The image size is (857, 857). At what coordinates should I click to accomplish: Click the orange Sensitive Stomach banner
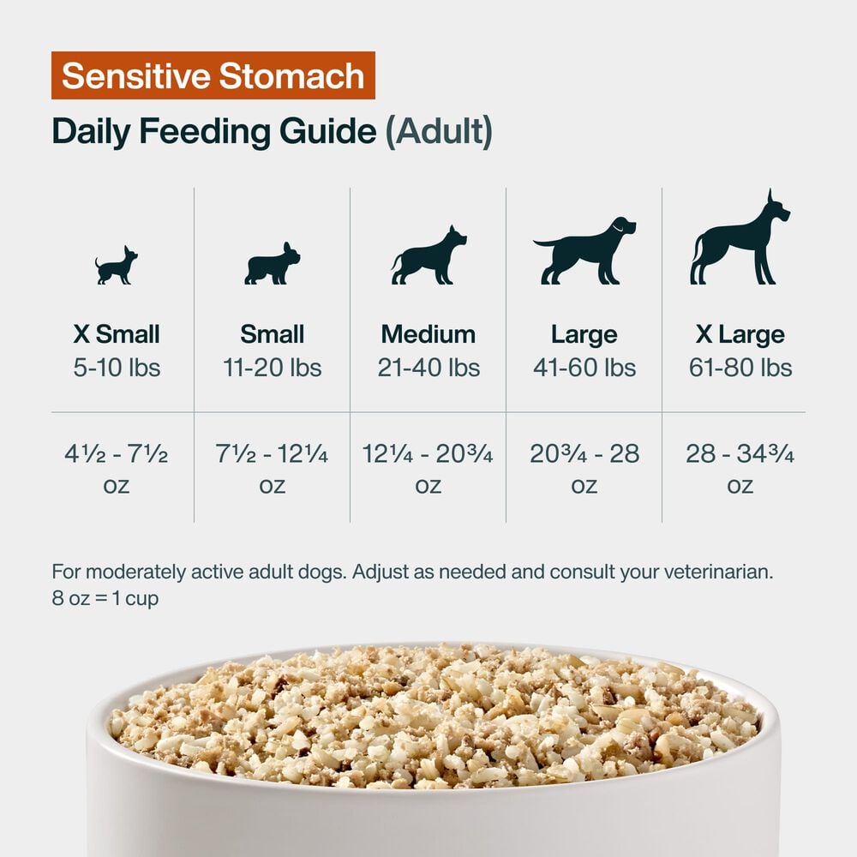[x=213, y=76]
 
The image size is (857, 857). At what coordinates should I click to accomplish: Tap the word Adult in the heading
[x=439, y=133]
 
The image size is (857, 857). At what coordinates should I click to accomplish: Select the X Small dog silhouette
[x=117, y=266]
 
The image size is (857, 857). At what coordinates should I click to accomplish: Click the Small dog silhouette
[x=272, y=264]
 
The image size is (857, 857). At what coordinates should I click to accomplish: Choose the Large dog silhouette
[x=584, y=250]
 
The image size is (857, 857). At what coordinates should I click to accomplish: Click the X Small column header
[x=117, y=334]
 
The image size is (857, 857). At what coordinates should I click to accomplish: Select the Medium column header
[x=428, y=334]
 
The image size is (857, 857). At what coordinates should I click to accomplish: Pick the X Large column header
[x=740, y=334]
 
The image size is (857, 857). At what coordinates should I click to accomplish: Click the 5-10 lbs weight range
[x=117, y=369]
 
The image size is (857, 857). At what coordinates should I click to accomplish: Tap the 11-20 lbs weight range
[x=272, y=369]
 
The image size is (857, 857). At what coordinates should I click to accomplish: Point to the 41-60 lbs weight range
[x=584, y=369]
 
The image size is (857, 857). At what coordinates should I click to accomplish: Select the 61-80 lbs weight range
[x=740, y=369]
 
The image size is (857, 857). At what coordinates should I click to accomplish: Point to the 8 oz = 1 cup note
[x=105, y=599]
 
